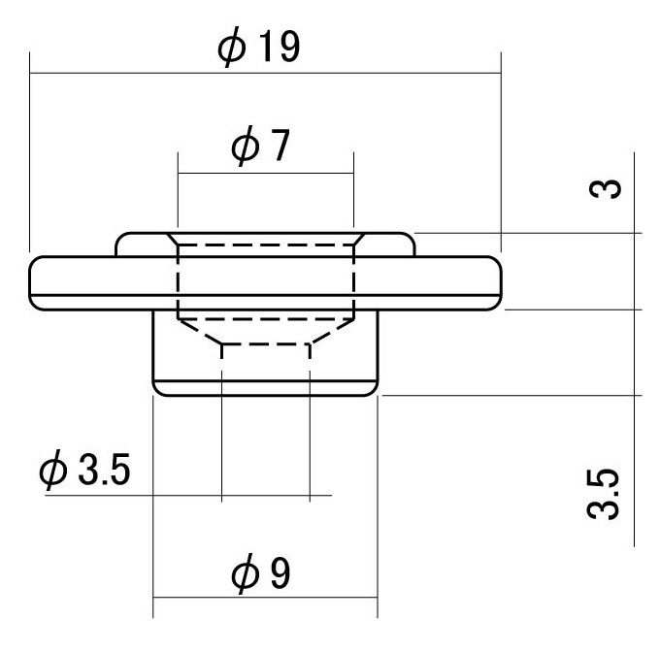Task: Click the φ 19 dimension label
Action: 258,47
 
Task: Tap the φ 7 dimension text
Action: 260,146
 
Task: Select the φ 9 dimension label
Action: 260,572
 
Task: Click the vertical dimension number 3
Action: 605,188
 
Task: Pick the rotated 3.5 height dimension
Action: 603,494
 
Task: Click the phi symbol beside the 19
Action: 232,48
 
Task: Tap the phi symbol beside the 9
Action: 245,572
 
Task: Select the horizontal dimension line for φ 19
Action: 265,73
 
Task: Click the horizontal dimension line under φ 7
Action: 266,173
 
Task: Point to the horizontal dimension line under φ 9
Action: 265,597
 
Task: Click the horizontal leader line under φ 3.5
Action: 188,496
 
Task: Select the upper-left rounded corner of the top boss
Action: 119,238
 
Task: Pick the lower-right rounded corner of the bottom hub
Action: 374,391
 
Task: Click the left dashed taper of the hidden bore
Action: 200,332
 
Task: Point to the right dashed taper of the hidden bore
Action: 332,332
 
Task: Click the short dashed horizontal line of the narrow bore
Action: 266,345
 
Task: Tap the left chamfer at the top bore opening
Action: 173,240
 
